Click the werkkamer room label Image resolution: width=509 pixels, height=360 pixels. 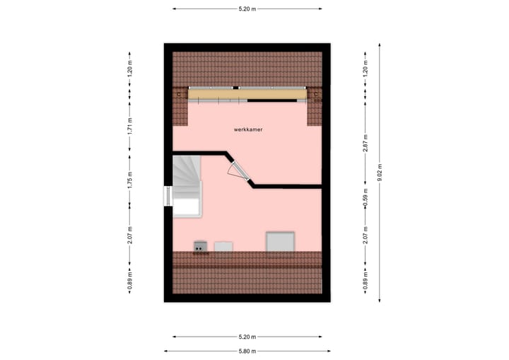click(248, 130)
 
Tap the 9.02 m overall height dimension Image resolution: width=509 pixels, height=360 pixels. click(380, 173)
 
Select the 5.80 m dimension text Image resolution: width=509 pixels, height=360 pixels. click(247, 351)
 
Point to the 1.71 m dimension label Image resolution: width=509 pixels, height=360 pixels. click(129, 126)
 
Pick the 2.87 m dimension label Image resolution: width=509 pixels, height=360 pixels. click(365, 139)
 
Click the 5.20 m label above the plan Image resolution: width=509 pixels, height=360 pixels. click(247, 8)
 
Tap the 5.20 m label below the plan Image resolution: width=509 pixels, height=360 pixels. click(247, 337)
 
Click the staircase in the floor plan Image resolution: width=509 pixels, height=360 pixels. click(187, 186)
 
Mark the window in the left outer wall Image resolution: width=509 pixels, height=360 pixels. click(168, 195)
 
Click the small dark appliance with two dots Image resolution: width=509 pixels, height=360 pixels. click(201, 246)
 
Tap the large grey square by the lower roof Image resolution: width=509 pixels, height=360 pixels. click(280, 241)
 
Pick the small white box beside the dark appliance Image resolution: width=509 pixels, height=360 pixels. click(223, 246)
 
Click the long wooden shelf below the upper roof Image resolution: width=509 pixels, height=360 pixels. click(247, 93)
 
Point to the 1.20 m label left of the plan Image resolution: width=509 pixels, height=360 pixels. click(129, 68)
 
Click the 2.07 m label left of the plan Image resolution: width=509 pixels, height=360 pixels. click(129, 235)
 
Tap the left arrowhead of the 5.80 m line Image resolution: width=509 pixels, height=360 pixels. click(167, 351)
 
